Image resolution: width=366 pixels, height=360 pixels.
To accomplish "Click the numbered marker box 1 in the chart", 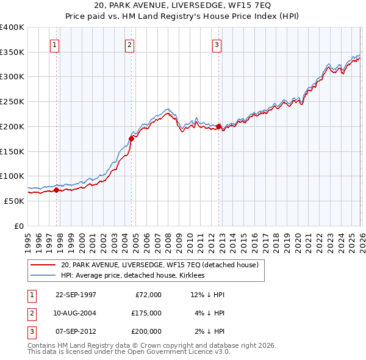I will point(55,44).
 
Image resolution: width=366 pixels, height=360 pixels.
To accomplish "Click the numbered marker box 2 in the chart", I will point(130,44).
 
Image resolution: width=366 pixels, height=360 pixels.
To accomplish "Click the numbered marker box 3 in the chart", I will point(217,44).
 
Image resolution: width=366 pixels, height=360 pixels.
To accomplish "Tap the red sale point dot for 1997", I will point(57,190).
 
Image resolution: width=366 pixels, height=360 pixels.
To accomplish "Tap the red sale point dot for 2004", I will point(131,139).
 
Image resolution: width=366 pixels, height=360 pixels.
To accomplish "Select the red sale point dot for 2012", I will point(218,126).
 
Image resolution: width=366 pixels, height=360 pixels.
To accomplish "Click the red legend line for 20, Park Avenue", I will point(43,265).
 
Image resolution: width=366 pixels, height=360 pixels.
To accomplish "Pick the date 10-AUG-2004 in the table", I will point(76,313).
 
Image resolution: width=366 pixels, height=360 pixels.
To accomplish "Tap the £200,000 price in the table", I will point(146,331).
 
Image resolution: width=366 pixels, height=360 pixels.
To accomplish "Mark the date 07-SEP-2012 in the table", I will point(76,331).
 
